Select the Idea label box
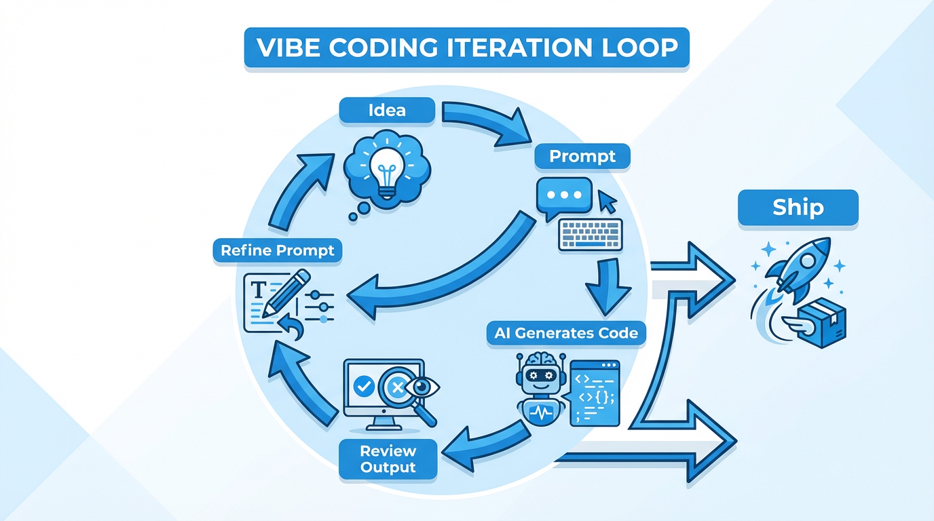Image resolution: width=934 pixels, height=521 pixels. point(386,110)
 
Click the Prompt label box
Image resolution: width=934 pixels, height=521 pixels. point(582,156)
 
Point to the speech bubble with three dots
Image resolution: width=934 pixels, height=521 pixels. point(564,195)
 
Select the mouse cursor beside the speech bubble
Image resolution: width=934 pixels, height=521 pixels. point(606,201)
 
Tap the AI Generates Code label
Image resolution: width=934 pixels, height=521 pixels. point(566,333)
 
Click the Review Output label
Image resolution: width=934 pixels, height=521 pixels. point(388,459)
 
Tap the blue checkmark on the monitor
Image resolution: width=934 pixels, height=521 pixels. point(365,387)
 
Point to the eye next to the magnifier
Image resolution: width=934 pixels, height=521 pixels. point(426,387)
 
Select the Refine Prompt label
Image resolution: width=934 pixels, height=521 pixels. point(278,250)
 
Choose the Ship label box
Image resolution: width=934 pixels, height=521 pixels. point(798,208)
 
